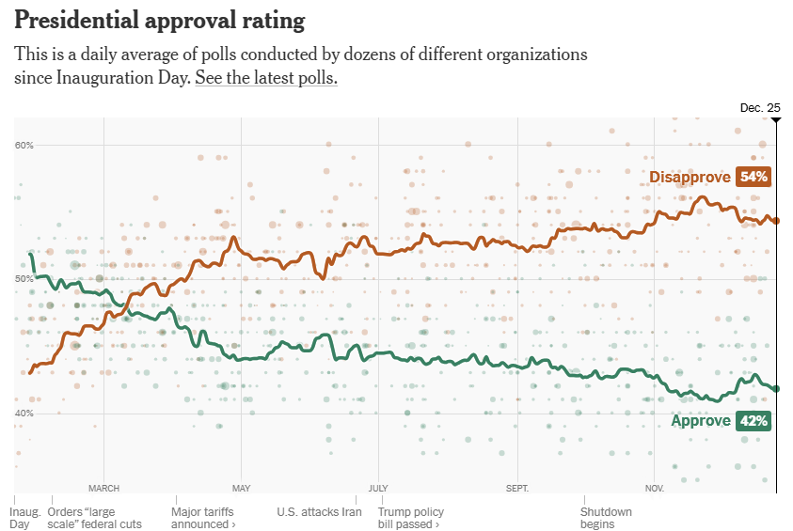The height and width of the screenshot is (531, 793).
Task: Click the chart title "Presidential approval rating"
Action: pyautogui.click(x=159, y=21)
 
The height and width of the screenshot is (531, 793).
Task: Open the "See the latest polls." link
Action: pyautogui.click(x=266, y=78)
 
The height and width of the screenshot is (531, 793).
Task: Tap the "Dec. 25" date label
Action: pyautogui.click(x=759, y=108)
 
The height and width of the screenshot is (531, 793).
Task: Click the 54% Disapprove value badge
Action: pyautogui.click(x=754, y=177)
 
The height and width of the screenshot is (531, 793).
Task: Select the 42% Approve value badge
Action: pyautogui.click(x=754, y=421)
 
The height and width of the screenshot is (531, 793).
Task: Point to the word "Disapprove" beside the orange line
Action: pyautogui.click(x=690, y=177)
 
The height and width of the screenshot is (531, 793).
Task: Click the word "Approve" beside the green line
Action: pyautogui.click(x=701, y=421)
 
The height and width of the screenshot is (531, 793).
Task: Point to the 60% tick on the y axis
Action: pyautogui.click(x=24, y=145)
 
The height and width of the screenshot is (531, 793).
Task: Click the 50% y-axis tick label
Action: pyautogui.click(x=24, y=279)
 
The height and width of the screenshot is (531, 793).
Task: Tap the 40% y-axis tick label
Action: pyautogui.click(x=24, y=414)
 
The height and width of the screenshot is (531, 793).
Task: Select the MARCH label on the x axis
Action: pyautogui.click(x=103, y=489)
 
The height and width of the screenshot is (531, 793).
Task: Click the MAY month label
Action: pyautogui.click(x=242, y=489)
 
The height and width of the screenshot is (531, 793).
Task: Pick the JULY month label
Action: pyautogui.click(x=379, y=489)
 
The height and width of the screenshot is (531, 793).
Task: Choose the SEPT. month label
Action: pyautogui.click(x=516, y=489)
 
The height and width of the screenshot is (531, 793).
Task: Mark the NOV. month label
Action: pyautogui.click(x=655, y=489)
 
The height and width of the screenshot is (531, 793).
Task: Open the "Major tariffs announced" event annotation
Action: pyautogui.click(x=203, y=518)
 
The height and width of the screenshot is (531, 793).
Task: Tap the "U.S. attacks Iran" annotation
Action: pyautogui.click(x=319, y=512)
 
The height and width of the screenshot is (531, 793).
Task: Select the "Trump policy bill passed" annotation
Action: pyautogui.click(x=410, y=518)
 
